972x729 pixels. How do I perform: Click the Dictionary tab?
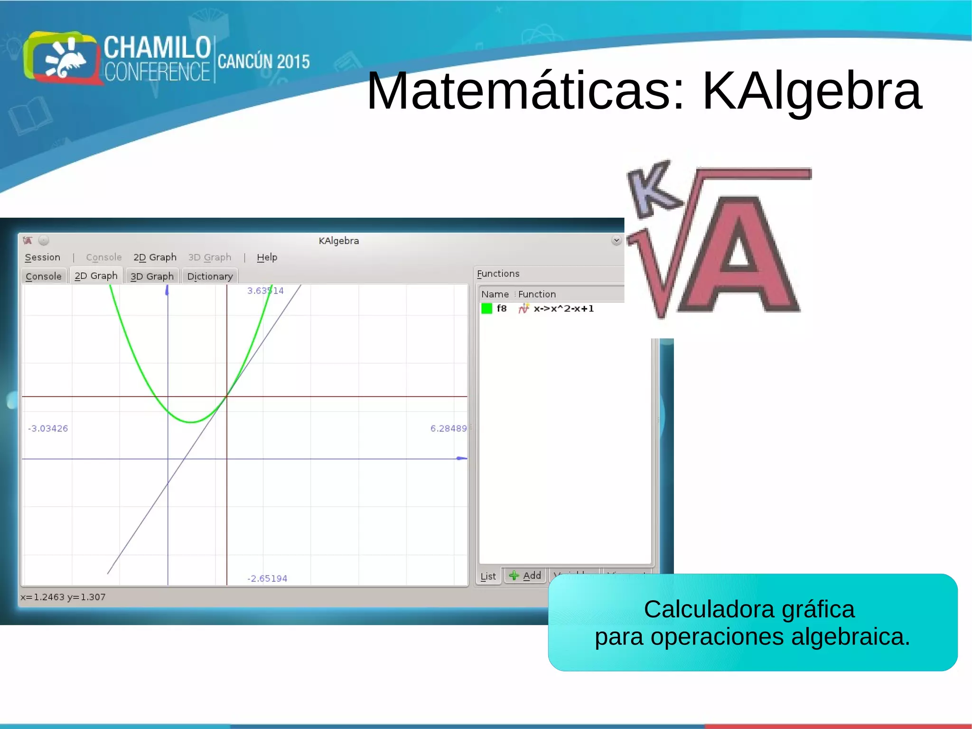[x=210, y=276]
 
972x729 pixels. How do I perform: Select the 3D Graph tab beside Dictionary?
[x=152, y=276]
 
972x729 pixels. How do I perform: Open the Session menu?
[x=43, y=257]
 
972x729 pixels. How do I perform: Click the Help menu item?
[x=267, y=257]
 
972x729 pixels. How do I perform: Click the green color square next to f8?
[x=486, y=309]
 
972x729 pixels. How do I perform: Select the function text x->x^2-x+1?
[x=563, y=309]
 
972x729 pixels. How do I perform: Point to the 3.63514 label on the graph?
[x=265, y=291]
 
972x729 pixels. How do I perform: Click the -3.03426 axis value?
[x=48, y=428]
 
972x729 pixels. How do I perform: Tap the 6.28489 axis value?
[x=449, y=428]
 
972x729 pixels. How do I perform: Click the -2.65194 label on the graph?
[x=267, y=578]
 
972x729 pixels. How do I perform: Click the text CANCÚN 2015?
[x=263, y=62]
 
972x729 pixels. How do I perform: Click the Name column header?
[x=495, y=294]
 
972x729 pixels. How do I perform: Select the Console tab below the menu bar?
[x=44, y=276]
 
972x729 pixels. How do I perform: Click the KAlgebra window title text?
[x=338, y=241]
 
